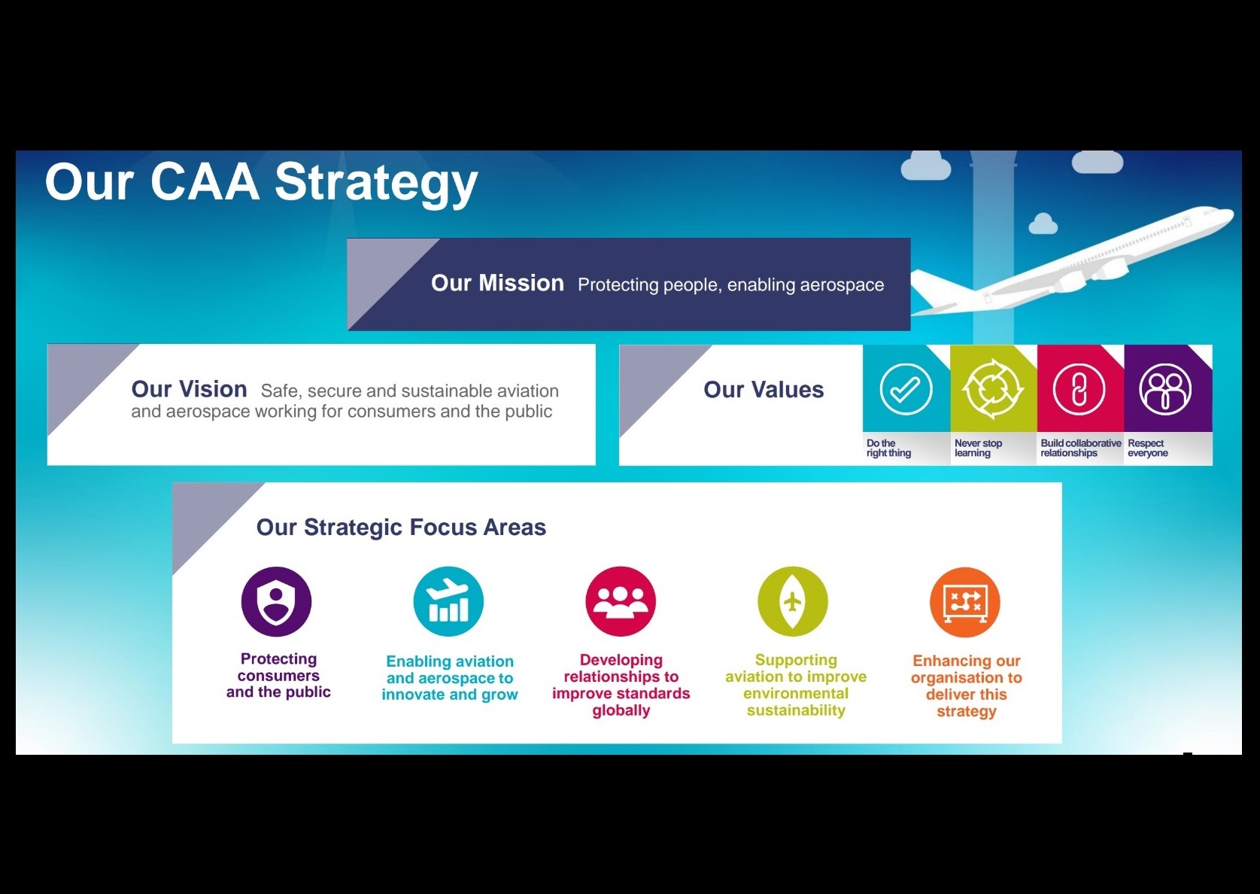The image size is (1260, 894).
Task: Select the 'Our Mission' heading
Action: pos(497,283)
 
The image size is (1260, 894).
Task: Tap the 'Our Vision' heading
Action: pos(189,389)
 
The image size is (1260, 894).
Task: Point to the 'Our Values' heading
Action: pos(764,389)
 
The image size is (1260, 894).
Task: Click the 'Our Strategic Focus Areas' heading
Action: pos(401,528)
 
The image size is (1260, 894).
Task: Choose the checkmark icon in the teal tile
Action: pos(906,389)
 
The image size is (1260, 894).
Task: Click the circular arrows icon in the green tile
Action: pos(992,389)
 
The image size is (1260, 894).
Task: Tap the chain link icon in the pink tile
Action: pos(1079,389)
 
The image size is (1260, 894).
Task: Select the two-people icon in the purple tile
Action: pos(1165,389)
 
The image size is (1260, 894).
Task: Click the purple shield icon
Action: pos(276,601)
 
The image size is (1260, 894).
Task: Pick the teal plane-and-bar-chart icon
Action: pos(448,601)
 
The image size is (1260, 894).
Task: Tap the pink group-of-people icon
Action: pos(621,601)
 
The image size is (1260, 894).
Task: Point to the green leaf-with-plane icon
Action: pos(793,601)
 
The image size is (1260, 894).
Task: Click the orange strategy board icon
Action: pos(964,602)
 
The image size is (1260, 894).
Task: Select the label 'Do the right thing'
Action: pos(888,448)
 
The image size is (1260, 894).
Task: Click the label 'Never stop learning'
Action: pos(978,448)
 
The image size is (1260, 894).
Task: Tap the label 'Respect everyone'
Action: pos(1147,448)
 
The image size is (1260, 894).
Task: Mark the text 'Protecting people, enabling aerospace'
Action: pos(730,284)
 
